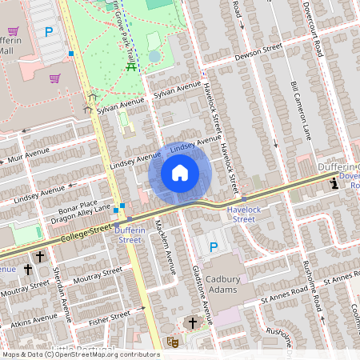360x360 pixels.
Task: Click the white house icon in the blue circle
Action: click(180, 173)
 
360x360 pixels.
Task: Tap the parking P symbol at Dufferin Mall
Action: click(49, 32)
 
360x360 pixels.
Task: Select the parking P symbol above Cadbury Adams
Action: click(213, 247)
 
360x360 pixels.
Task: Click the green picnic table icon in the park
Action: click(130, 67)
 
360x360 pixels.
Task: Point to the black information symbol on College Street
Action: click(334, 184)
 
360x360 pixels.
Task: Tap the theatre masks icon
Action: click(170, 342)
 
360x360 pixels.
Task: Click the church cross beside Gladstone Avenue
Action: click(190, 323)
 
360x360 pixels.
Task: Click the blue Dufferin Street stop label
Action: click(128, 234)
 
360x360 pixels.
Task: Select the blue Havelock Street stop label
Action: click(241, 214)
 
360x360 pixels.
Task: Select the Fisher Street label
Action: click(109, 318)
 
